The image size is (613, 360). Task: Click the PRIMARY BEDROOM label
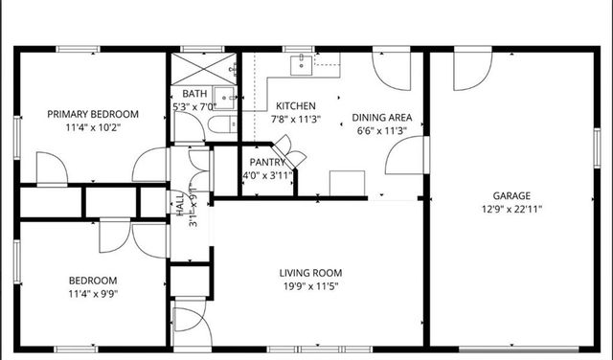click(94, 114)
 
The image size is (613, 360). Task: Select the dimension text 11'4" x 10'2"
click(94, 126)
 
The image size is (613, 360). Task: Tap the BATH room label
click(194, 93)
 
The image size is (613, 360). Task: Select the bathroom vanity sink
click(225, 96)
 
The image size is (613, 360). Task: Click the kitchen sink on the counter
click(303, 62)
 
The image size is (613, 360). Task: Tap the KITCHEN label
click(296, 105)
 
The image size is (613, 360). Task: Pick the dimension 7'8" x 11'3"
click(296, 119)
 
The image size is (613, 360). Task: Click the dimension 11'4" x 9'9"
click(92, 294)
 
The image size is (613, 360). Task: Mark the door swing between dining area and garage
click(406, 156)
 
